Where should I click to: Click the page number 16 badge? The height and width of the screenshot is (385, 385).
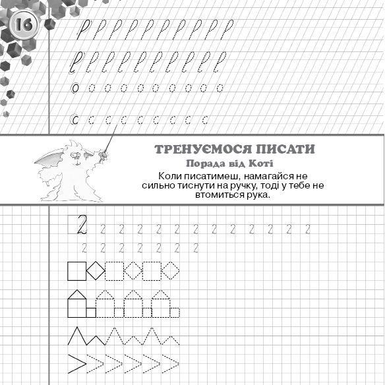pyautogui.click(x=24, y=24)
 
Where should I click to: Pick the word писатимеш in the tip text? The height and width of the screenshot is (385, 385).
pyautogui.click(x=212, y=176)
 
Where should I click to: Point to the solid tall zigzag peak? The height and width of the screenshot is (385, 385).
pyautogui.click(x=77, y=327)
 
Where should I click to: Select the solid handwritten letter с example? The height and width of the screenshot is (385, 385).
pyautogui.click(x=75, y=120)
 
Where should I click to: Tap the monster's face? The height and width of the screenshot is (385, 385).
pyautogui.click(x=77, y=157)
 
